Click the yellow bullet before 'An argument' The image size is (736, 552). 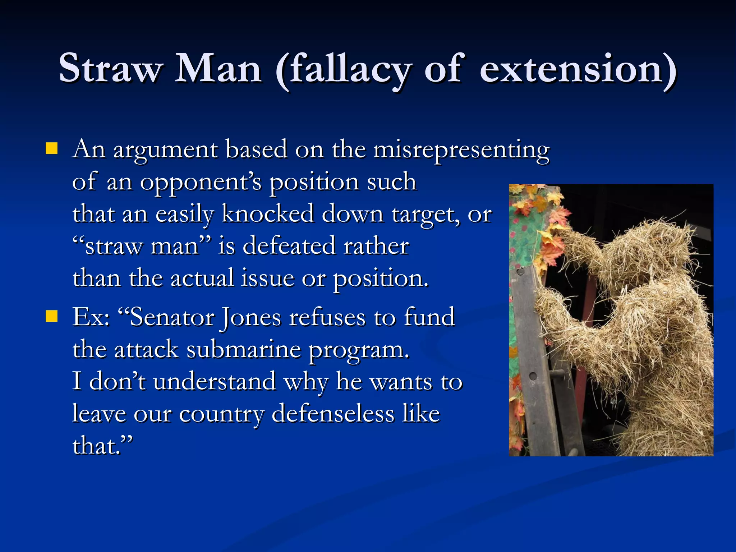point(52,148)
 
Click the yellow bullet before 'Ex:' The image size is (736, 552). point(52,316)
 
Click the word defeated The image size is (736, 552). point(289,246)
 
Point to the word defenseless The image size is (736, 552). point(333,414)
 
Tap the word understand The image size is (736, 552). point(215,382)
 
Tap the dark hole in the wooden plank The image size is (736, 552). point(533,376)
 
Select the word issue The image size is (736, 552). point(267,279)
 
